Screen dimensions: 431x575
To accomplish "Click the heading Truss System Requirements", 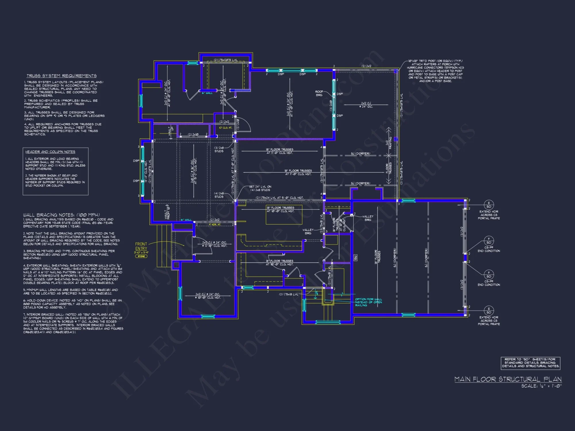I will pyautogui.click(x=62, y=76).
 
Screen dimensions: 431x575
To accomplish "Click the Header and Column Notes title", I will pyautogui.click(x=50, y=152).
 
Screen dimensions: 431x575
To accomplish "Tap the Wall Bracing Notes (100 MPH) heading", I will pyautogui.click(x=62, y=215).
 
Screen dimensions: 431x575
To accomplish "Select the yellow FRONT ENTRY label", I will pyautogui.click(x=141, y=246).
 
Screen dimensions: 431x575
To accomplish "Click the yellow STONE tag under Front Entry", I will pyautogui.click(x=141, y=256).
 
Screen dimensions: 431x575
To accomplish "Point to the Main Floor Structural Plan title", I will pyautogui.click(x=508, y=379).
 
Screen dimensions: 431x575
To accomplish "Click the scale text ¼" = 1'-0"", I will pyautogui.click(x=541, y=386).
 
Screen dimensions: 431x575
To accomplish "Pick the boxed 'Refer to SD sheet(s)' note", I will pyautogui.click(x=530, y=363).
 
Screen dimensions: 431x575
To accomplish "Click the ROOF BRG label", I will pyautogui.click(x=319, y=93).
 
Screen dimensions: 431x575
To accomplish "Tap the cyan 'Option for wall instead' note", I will pyautogui.click(x=368, y=302).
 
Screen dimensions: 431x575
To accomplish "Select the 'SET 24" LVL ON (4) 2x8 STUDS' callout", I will pyautogui.click(x=260, y=188).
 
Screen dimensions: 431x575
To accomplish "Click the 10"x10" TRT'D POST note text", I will pyautogui.click(x=435, y=71).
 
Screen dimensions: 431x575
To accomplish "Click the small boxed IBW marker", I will pyautogui.click(x=356, y=258).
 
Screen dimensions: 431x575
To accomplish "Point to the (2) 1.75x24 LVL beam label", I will pyautogui.click(x=279, y=198).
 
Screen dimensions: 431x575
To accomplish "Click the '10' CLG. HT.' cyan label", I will pyautogui.click(x=225, y=128).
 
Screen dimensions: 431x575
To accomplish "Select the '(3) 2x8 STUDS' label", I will pyautogui.click(x=219, y=149).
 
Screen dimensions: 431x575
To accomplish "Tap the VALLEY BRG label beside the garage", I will pyautogui.click(x=368, y=218).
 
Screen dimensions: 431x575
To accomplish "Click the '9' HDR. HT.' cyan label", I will pyautogui.click(x=215, y=224).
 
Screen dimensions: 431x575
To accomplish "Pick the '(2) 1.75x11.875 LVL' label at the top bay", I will pyautogui.click(x=226, y=60).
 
